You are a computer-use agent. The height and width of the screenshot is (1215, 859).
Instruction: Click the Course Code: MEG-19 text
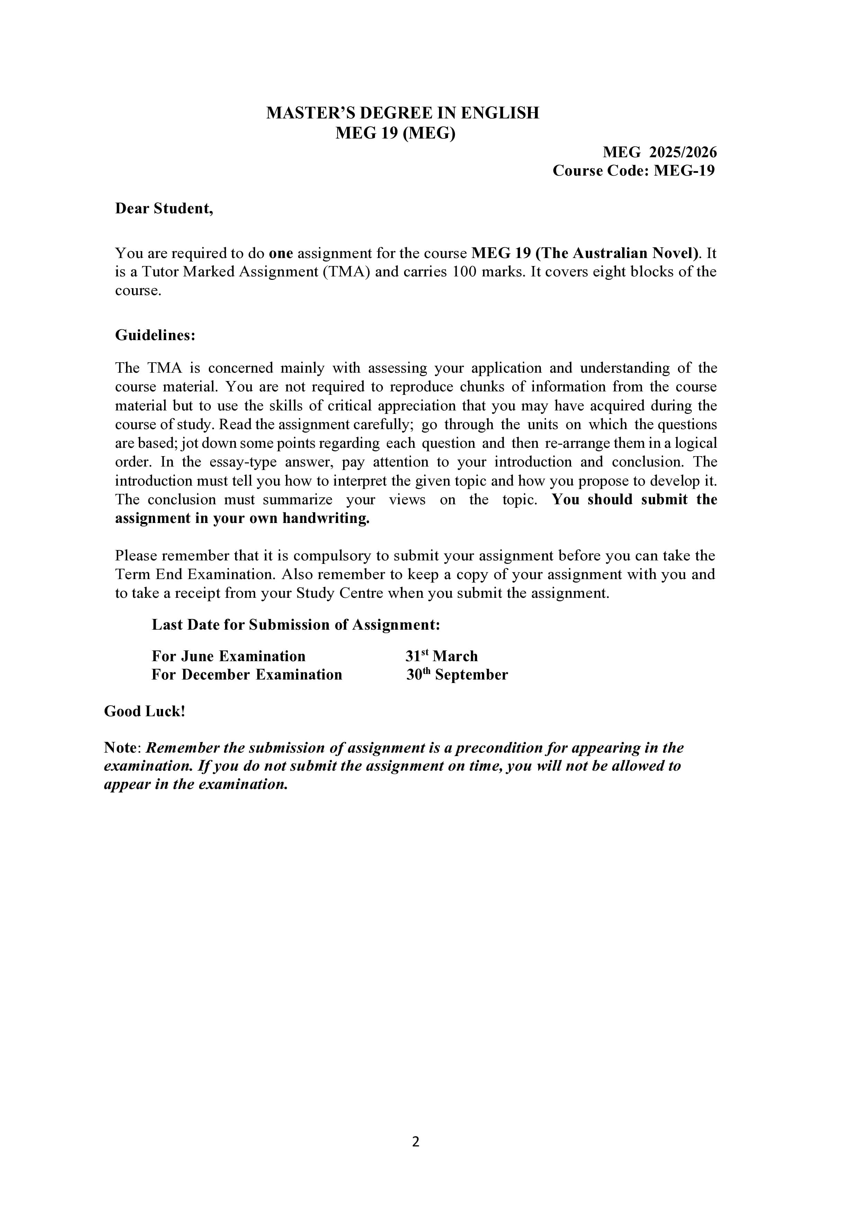coord(633,171)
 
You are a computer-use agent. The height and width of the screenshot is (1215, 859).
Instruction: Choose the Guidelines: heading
coord(155,336)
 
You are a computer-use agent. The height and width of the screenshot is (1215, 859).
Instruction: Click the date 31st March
coord(441,656)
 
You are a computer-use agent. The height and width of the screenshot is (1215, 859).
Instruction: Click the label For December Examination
coord(247,675)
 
